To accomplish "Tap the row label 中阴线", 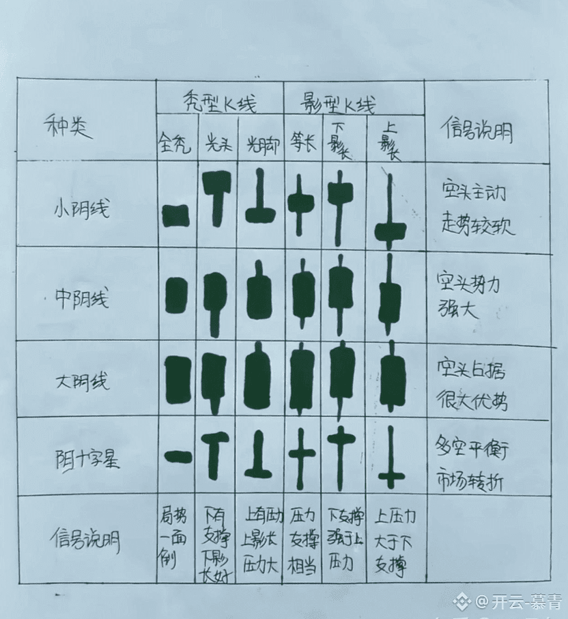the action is click(82, 298).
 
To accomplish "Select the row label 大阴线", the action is click(81, 381).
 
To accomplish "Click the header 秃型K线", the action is click(219, 103).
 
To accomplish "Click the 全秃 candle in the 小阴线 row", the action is click(175, 215).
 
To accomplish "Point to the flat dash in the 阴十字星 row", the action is click(178, 457).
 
